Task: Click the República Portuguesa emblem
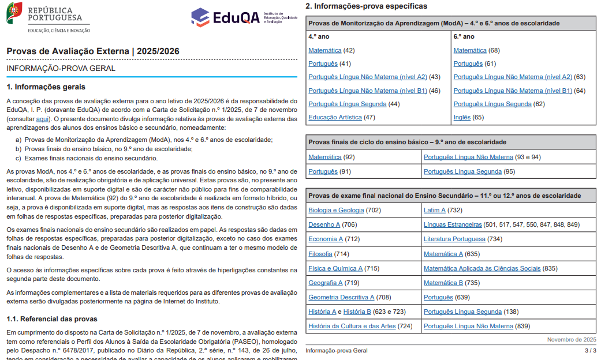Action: pyautogui.click(x=14, y=13)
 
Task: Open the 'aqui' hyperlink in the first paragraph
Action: pyautogui.click(x=42, y=118)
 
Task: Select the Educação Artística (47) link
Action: pyautogui.click(x=335, y=117)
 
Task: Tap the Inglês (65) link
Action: pyautogui.click(x=462, y=117)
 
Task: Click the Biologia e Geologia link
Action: pyautogui.click(x=336, y=210)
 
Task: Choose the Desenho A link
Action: pyautogui.click(x=324, y=224)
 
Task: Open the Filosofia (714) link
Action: pyautogui.click(x=320, y=254)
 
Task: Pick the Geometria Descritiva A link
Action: pyautogui.click(x=341, y=297)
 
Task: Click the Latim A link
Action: pyautogui.click(x=435, y=210)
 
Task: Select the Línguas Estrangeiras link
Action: pyautogui.click(x=453, y=224)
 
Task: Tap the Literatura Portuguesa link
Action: pyautogui.click(x=454, y=239)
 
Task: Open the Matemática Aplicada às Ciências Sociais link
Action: pyautogui.click(x=482, y=268)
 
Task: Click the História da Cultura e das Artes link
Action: pyautogui.click(x=352, y=326)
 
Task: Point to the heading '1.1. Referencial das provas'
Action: pyautogui.click(x=52, y=319)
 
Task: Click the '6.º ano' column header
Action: pyautogui.click(x=464, y=36)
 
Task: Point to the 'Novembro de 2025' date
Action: pyautogui.click(x=572, y=340)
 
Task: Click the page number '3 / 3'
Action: pyautogui.click(x=590, y=350)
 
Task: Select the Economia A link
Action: pyautogui.click(x=326, y=239)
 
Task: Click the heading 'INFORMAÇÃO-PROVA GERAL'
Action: pyautogui.click(x=61, y=68)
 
